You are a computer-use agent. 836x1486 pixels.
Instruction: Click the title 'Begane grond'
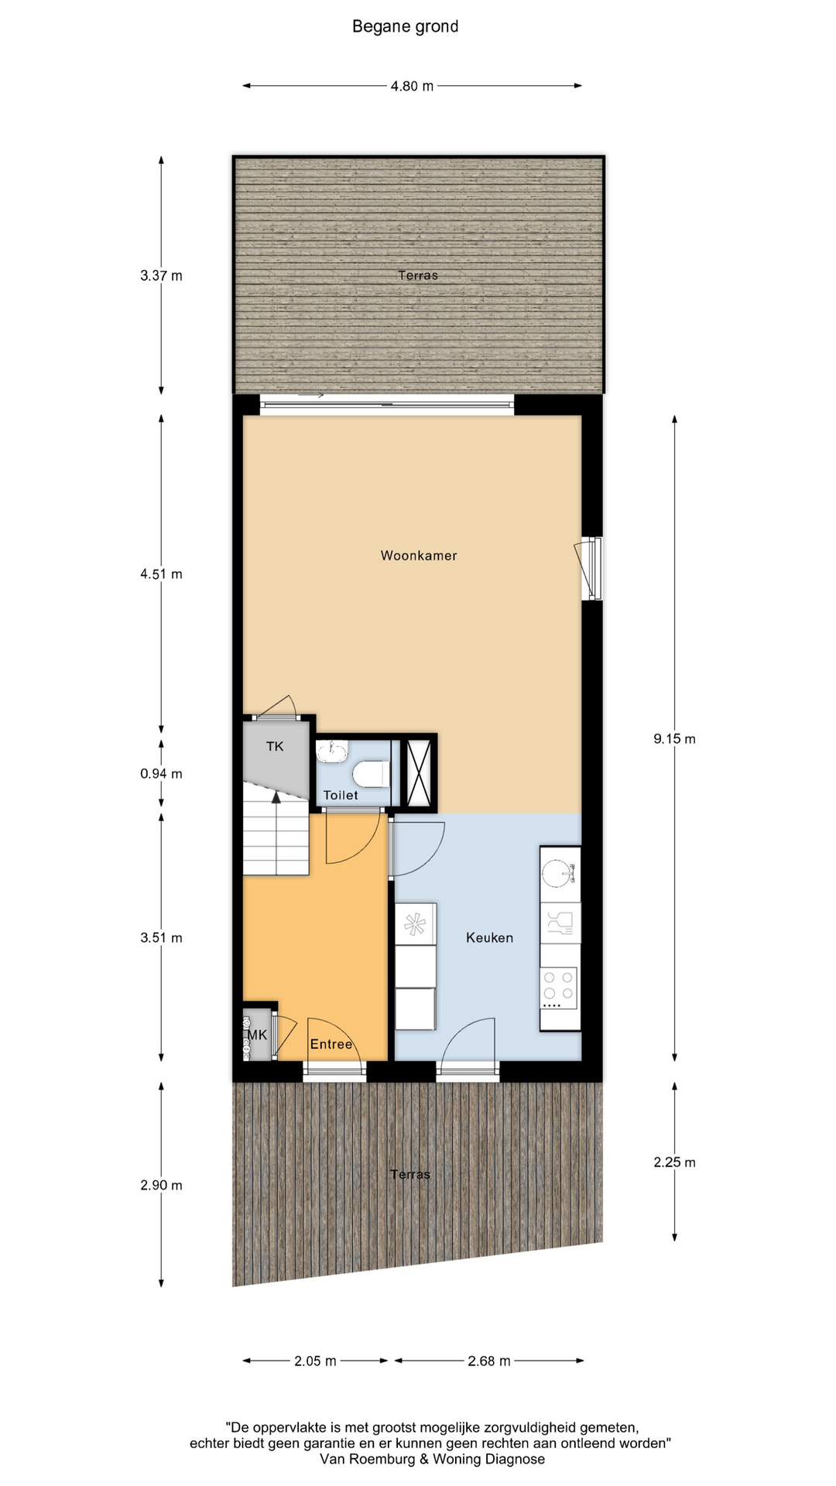405,27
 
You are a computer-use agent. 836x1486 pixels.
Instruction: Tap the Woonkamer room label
419,556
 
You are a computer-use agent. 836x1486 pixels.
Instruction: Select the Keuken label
489,938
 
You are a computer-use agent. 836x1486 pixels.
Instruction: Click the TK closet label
275,746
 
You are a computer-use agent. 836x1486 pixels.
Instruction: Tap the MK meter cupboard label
257,1035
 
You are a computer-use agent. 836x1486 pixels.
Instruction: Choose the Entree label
331,1044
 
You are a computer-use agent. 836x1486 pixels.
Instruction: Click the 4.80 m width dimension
412,86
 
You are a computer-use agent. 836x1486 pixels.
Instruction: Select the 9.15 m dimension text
674,739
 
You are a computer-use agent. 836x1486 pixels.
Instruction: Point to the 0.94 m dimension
161,774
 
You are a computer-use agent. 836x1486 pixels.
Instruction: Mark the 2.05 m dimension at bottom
315,1361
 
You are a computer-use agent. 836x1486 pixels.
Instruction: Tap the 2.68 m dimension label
489,1361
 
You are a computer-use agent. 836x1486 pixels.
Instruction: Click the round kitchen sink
557,874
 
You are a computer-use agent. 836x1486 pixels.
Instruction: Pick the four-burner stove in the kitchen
559,988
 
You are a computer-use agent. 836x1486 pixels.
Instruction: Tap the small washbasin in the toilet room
332,751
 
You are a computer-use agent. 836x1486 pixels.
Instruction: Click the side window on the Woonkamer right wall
594,568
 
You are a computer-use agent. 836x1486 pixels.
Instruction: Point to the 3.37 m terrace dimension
161,276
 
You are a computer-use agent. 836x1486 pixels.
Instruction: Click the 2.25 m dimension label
674,1162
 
